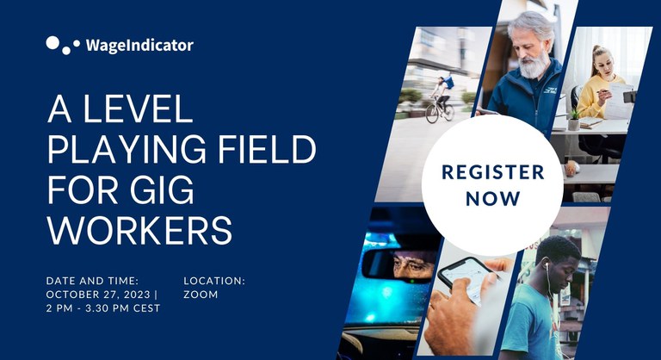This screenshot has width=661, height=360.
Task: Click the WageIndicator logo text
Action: tap(139, 45)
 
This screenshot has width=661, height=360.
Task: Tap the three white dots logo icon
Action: tap(63, 45)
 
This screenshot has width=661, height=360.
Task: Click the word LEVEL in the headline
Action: tap(138, 109)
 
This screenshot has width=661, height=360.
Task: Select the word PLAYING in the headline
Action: tap(127, 149)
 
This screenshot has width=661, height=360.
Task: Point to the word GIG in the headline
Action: tap(162, 189)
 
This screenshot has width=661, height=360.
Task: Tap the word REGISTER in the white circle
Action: tap(493, 172)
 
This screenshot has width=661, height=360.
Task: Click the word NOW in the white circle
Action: tap(493, 199)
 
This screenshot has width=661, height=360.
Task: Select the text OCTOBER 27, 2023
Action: tap(98, 295)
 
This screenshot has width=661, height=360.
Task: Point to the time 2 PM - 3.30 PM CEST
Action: tap(103, 308)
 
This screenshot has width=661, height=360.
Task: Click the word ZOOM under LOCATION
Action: tap(201, 295)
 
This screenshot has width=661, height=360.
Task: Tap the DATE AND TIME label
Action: tap(92, 281)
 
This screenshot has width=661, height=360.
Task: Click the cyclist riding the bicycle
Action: tap(441, 99)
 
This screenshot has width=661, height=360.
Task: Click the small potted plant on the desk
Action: tap(574, 120)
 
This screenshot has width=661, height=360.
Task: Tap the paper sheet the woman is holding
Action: tap(618, 101)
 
